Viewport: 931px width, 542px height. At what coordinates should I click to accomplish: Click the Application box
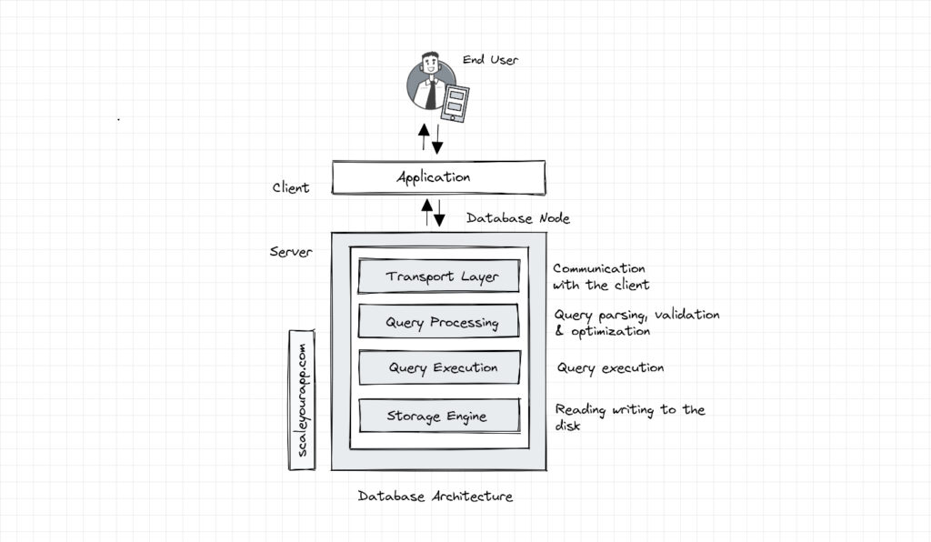(437, 177)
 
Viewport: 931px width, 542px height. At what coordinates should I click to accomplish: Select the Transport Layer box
(438, 276)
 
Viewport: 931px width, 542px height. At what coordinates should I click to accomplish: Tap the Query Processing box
(438, 322)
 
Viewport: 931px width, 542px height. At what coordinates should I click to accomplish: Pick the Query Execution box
(438, 367)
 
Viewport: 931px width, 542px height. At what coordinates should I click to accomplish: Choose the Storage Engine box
(438, 416)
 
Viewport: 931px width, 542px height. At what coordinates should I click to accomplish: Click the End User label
(490, 60)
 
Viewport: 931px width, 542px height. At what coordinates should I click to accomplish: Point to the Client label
(291, 188)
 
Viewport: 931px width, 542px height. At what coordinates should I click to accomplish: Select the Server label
(291, 251)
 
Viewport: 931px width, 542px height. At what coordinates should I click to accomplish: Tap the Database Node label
(517, 218)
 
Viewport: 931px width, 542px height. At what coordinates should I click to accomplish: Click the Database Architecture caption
(435, 497)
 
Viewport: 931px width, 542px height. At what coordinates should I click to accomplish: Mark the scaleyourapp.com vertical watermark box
(302, 400)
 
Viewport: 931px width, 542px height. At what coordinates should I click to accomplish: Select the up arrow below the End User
(424, 137)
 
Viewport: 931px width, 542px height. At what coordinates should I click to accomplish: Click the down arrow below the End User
(437, 139)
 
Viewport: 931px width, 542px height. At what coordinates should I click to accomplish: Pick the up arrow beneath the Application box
(426, 212)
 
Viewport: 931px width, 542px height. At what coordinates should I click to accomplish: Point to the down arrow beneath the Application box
(440, 213)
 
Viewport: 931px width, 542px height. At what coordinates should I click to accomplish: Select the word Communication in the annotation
(599, 269)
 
